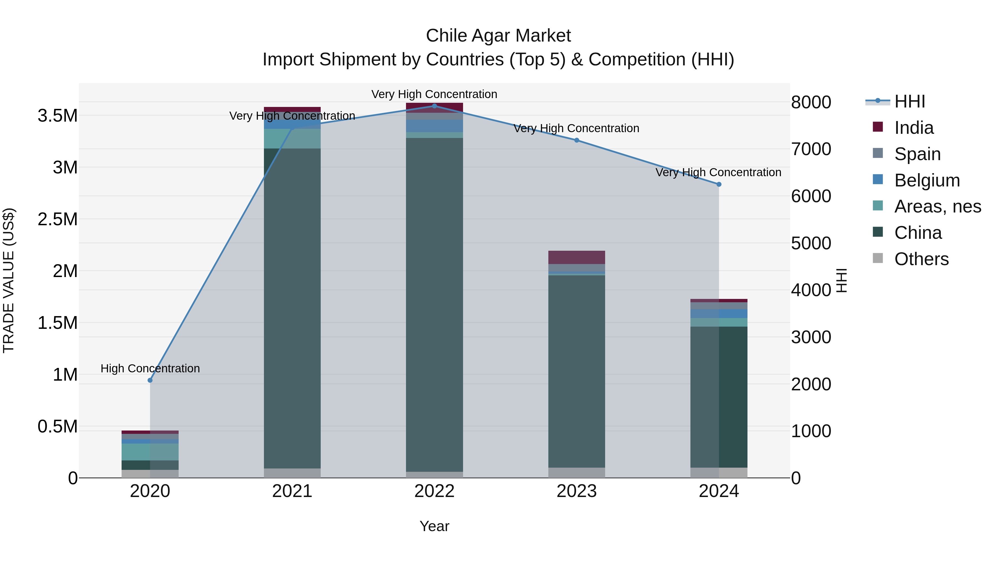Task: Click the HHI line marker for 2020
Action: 150,380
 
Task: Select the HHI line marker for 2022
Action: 434,106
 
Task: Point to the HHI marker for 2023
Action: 577,140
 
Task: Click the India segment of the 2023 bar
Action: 577,257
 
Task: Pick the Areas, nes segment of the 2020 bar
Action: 150,452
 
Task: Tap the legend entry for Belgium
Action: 927,180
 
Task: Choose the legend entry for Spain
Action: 917,154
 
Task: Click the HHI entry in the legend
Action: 909,101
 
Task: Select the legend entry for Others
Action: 921,259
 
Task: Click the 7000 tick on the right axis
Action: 811,149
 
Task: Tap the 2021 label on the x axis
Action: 292,491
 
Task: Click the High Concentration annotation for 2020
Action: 150,368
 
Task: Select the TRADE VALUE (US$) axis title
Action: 9,280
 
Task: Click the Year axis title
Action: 434,526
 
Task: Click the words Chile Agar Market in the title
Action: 498,36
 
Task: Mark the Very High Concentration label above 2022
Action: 434,94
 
